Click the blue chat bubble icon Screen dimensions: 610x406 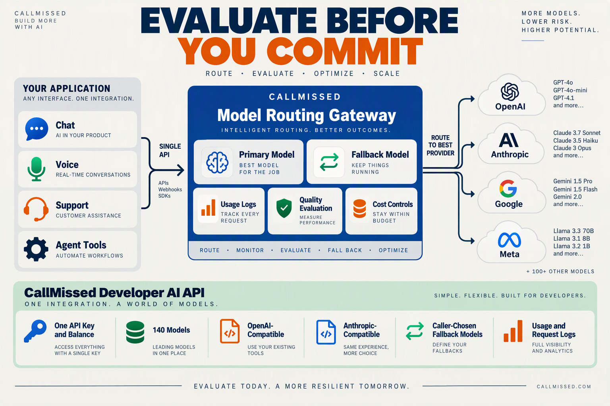[x=37, y=129]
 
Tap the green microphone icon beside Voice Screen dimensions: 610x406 [x=36, y=169]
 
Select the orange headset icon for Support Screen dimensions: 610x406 [x=36, y=209]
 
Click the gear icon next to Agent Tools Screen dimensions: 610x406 [x=36, y=249]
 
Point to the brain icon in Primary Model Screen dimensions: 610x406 [x=217, y=162]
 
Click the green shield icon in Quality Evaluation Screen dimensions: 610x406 [x=284, y=208]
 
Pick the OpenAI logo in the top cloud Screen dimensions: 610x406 [x=510, y=92]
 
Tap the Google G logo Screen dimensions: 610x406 [x=508, y=188]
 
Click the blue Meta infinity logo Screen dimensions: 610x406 [x=509, y=240]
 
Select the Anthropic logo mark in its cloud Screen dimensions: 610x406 [x=509, y=140]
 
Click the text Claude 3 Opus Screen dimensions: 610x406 [x=572, y=148]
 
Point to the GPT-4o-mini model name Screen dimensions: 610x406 [x=570, y=90]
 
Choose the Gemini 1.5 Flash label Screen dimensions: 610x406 [x=575, y=189]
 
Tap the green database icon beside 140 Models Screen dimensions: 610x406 [x=135, y=332]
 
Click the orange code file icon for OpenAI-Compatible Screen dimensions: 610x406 [x=230, y=331]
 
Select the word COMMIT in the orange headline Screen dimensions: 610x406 [x=345, y=51]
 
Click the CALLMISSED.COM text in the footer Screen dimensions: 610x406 [x=564, y=387]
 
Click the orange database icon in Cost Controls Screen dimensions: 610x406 [x=359, y=209]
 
